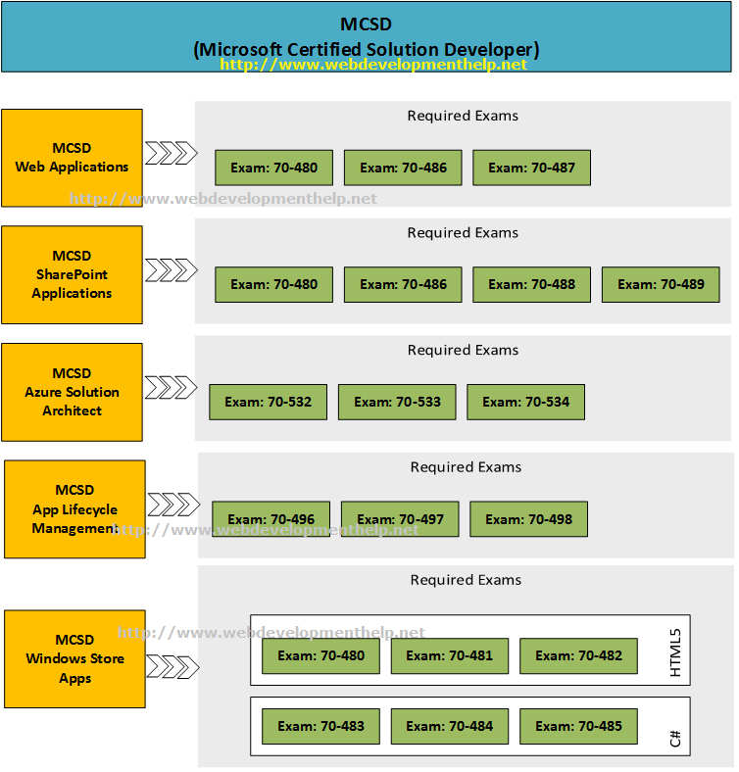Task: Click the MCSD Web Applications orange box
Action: (x=72, y=158)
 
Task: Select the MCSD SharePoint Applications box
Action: (x=72, y=274)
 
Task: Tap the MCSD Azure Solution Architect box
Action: (x=72, y=392)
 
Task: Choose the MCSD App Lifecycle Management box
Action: (x=74, y=509)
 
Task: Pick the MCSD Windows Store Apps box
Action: (x=74, y=658)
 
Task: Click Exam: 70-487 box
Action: (x=531, y=168)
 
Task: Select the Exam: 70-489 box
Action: (x=660, y=284)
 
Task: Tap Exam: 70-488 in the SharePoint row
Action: (x=531, y=284)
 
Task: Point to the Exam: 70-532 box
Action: (x=268, y=402)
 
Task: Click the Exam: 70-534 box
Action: (x=525, y=402)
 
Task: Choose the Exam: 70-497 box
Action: (x=399, y=519)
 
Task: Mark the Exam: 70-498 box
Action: (x=528, y=519)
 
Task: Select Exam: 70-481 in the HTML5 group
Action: (x=449, y=655)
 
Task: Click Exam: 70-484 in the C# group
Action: (x=449, y=726)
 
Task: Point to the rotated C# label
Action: (x=674, y=738)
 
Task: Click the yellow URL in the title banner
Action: (x=372, y=65)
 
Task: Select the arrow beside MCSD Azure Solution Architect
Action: (x=171, y=387)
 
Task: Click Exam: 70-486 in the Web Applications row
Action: (x=403, y=168)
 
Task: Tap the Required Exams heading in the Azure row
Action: (x=463, y=350)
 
